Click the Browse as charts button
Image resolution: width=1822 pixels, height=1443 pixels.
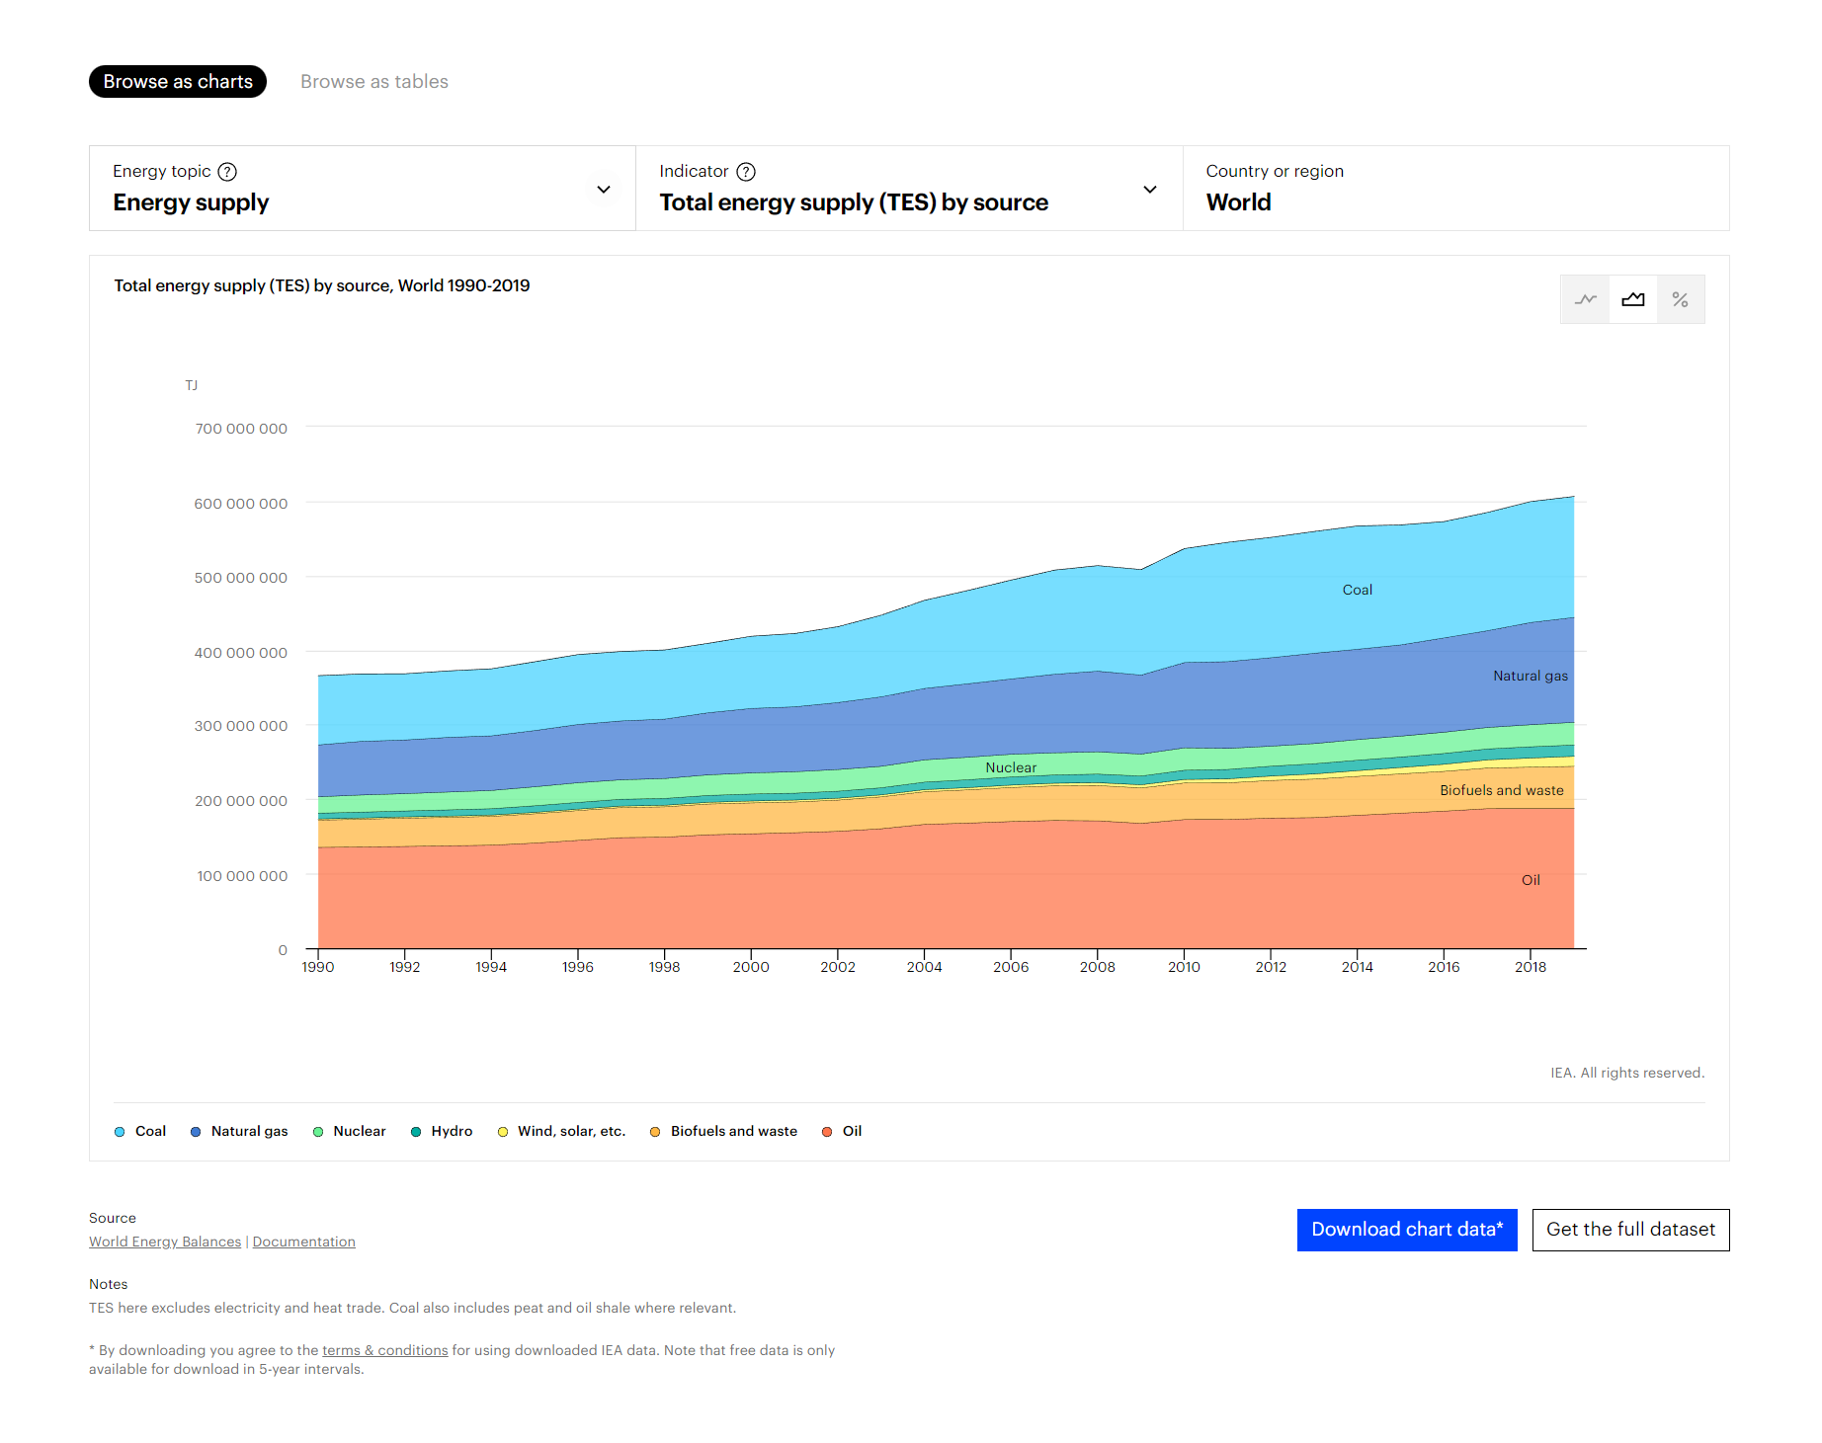(x=178, y=82)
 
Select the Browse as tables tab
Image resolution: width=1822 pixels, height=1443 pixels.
(x=373, y=82)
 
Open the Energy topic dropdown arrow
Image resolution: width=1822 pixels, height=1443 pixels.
(x=603, y=190)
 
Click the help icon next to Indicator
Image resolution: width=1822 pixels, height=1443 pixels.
(x=746, y=172)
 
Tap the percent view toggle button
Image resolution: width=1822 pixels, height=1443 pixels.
(x=1680, y=299)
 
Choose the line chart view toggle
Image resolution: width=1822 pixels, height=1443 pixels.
(x=1585, y=299)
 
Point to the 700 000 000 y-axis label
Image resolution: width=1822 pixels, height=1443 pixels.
(x=241, y=429)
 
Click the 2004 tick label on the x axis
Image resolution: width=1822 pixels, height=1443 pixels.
(x=924, y=967)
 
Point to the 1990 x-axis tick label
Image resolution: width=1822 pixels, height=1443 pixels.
(x=318, y=967)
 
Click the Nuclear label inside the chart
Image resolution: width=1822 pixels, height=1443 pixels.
(x=1011, y=767)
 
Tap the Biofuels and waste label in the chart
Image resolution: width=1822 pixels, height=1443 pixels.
(x=1501, y=790)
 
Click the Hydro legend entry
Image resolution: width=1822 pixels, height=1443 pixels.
(x=442, y=1131)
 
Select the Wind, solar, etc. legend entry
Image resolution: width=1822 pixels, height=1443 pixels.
(x=561, y=1131)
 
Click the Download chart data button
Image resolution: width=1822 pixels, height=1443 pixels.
(x=1406, y=1230)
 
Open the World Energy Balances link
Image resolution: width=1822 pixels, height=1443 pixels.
(x=165, y=1242)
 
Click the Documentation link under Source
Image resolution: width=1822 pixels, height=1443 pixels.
(x=303, y=1242)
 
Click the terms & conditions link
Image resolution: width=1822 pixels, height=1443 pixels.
(x=384, y=1350)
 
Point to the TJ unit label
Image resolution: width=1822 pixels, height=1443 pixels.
(x=191, y=385)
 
